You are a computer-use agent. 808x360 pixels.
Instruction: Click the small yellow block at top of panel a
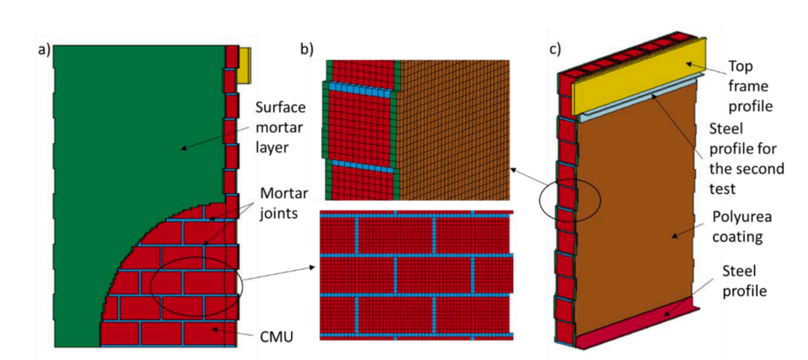tap(245, 65)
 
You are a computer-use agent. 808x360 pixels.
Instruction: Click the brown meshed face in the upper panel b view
tap(453, 129)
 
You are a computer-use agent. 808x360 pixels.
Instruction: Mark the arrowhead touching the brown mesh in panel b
tap(512, 168)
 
